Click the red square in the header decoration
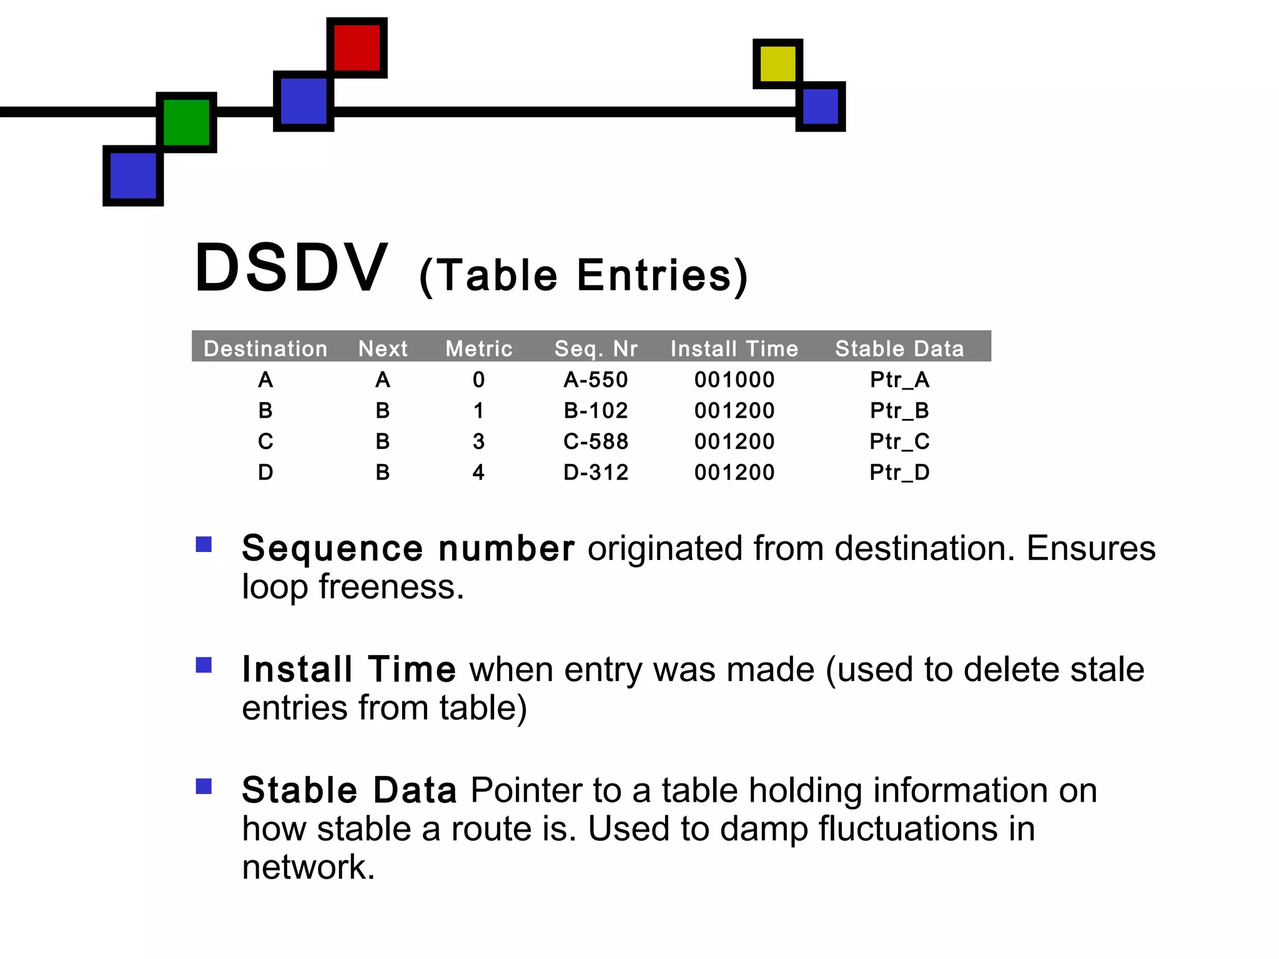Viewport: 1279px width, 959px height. pyautogui.click(x=357, y=47)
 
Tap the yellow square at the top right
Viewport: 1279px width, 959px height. pyautogui.click(x=778, y=63)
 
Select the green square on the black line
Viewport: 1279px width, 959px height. pyautogui.click(x=186, y=122)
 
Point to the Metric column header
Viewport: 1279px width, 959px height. pyautogui.click(x=478, y=348)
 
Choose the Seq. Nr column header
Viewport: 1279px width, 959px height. pyautogui.click(x=596, y=348)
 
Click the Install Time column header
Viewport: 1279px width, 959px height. pyautogui.click(x=734, y=348)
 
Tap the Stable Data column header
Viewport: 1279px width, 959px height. pyautogui.click(x=899, y=348)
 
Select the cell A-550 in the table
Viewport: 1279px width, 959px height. pyautogui.click(x=596, y=380)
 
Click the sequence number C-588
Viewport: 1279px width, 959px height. pyautogui.click(x=596, y=441)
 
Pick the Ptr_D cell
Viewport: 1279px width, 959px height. pyautogui.click(x=899, y=472)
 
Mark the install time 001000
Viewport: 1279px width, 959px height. pyautogui.click(x=734, y=380)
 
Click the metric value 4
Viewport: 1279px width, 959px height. pyautogui.click(x=478, y=472)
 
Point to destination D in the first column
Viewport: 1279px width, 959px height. pyautogui.click(x=265, y=472)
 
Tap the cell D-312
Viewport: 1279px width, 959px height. pyautogui.click(x=596, y=472)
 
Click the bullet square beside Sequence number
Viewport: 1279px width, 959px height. pyautogui.click(x=204, y=544)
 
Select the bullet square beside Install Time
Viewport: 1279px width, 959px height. pyautogui.click(x=204, y=665)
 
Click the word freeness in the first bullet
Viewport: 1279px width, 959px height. pyautogui.click(x=391, y=587)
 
